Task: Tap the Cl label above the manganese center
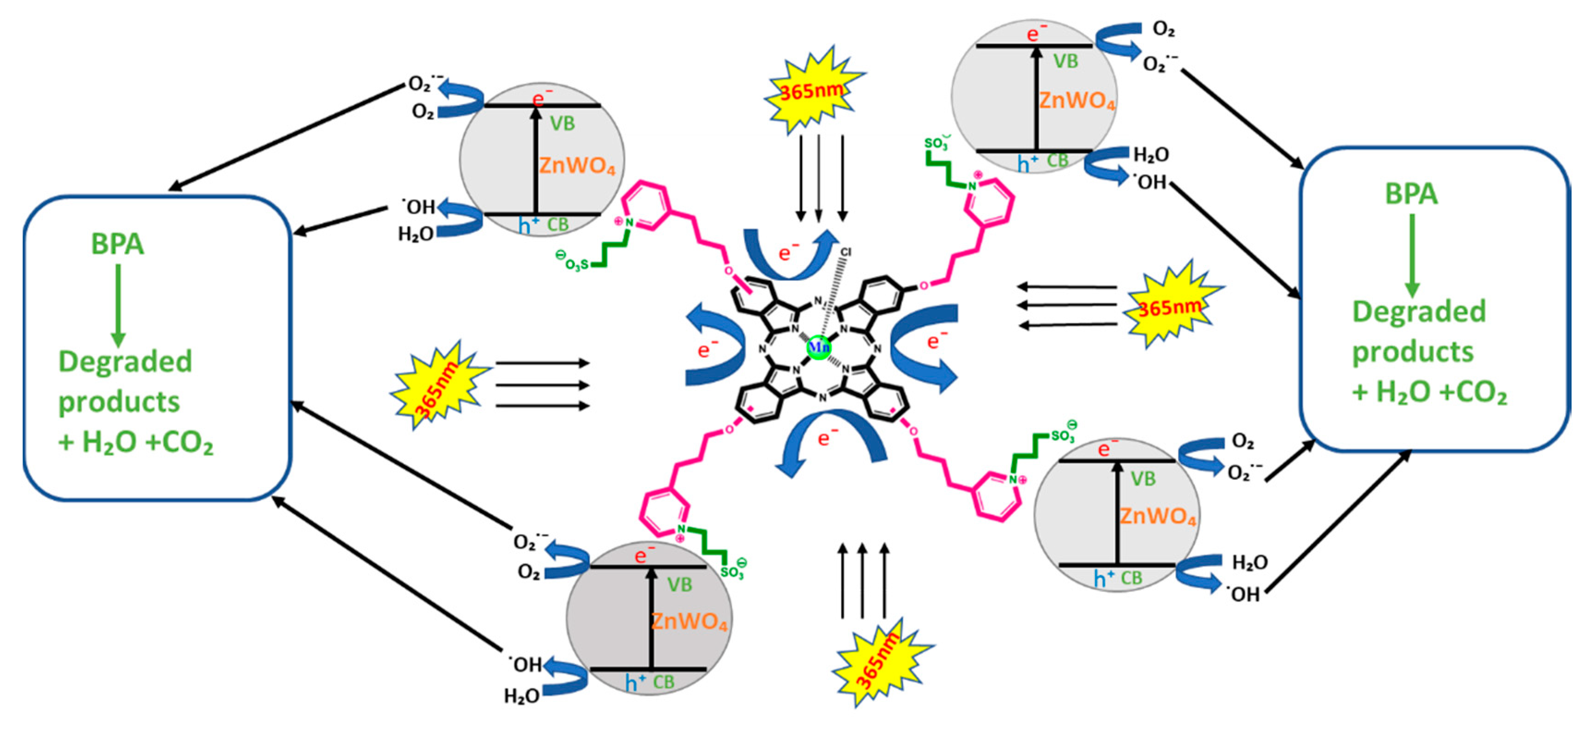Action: tap(846, 252)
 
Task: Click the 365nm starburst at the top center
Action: tap(812, 91)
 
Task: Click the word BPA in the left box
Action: tap(117, 244)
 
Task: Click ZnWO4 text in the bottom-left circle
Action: tap(689, 621)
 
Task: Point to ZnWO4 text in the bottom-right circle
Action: tap(1157, 516)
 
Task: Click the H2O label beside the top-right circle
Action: tap(1151, 155)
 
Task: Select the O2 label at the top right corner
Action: tap(1163, 29)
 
